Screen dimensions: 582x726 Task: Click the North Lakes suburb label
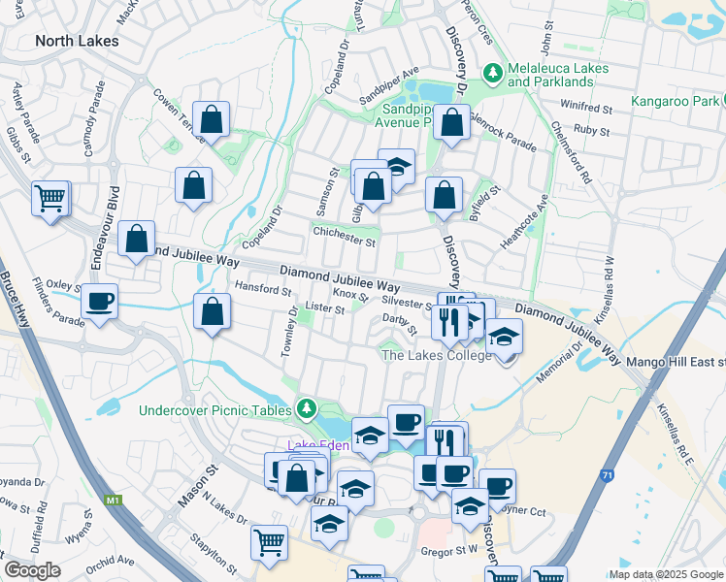pos(77,41)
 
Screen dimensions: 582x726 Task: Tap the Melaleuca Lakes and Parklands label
pos(558,75)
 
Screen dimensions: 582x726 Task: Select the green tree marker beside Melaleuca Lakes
pos(493,73)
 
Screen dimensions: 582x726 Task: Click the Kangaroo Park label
pos(674,101)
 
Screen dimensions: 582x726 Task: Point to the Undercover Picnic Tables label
pos(214,410)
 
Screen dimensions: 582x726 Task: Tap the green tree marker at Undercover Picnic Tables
pos(307,407)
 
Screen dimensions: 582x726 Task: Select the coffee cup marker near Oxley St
pos(98,301)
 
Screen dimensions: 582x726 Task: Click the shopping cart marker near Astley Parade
pos(49,199)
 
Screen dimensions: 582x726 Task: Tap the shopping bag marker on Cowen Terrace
pos(210,120)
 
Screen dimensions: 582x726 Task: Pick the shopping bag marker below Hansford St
pos(212,312)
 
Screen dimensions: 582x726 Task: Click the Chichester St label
pos(344,240)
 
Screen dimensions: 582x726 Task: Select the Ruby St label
pos(591,129)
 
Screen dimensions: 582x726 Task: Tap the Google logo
pos(32,570)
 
